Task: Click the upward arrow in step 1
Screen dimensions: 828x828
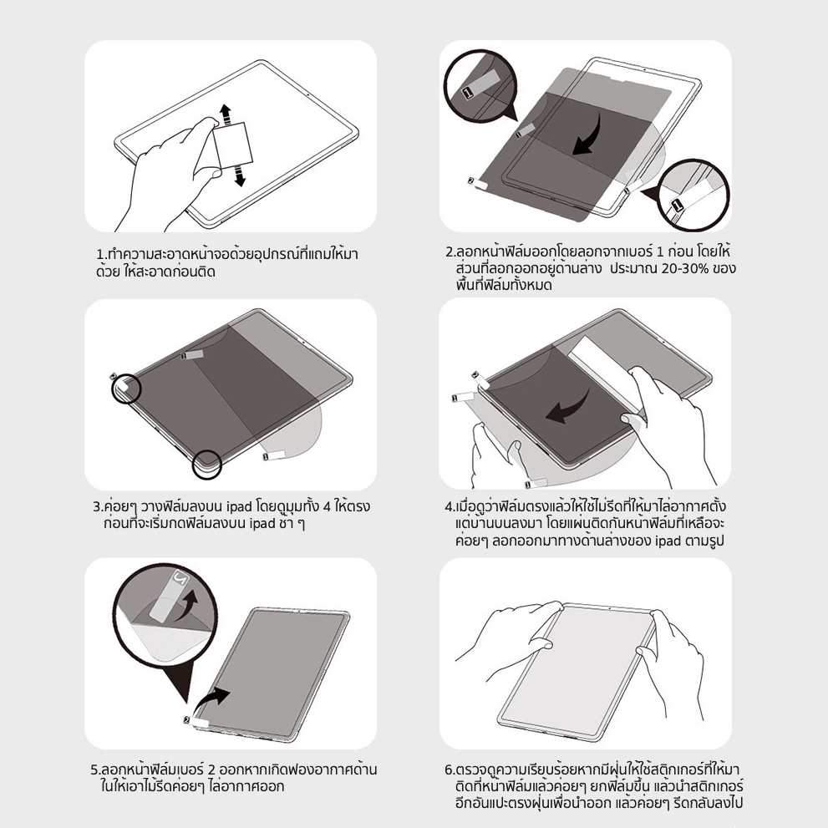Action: click(225, 114)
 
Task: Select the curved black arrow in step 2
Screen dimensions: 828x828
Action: click(591, 136)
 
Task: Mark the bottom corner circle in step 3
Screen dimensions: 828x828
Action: click(206, 464)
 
